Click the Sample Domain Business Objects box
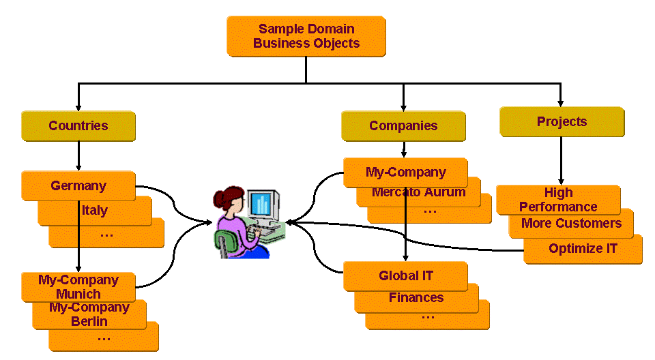coord(306,36)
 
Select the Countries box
coord(78,125)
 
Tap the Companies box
coord(403,125)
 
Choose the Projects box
coord(562,121)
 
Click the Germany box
coord(78,185)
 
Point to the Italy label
coord(95,210)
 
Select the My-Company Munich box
coord(78,287)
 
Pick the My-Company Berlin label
coord(89,314)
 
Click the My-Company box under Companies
coord(405,172)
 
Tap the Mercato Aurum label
coord(418,192)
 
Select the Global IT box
coord(405,276)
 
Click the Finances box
coord(416,297)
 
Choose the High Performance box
coord(558,200)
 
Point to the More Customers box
coord(571,223)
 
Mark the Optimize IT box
coord(583,249)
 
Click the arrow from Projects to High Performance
coord(562,160)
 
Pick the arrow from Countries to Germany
coord(78,155)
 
